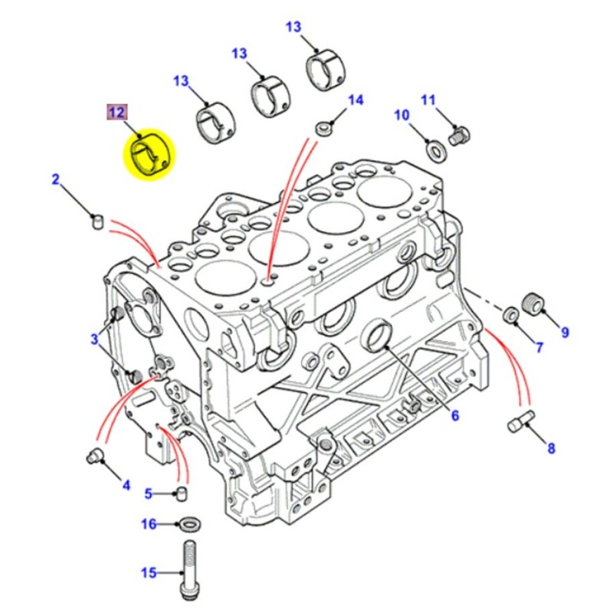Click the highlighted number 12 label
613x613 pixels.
click(x=116, y=113)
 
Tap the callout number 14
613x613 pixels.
click(x=356, y=100)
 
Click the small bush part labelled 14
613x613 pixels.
click(x=323, y=126)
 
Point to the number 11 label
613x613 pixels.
click(x=428, y=100)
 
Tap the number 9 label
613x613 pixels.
click(x=565, y=332)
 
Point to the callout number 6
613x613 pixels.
click(x=454, y=416)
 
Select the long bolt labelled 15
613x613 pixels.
click(x=188, y=569)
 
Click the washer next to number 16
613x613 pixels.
click(x=188, y=525)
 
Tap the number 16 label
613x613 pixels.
click(x=149, y=524)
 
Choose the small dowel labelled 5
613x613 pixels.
click(x=182, y=491)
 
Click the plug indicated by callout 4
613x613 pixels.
click(x=93, y=456)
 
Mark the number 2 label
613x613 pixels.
click(x=55, y=180)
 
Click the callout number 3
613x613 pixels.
click(x=94, y=339)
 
